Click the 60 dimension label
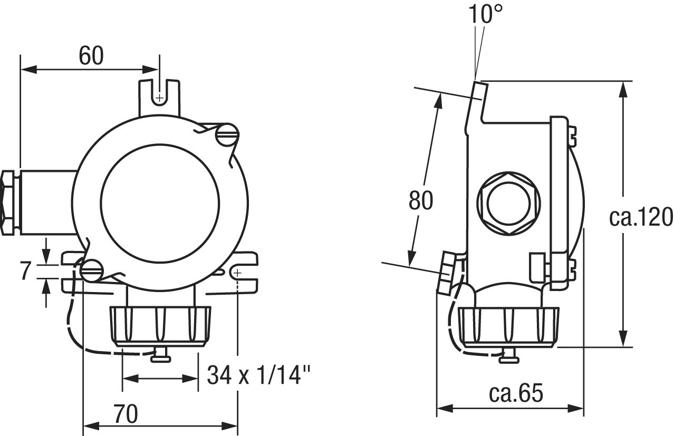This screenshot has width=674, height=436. click(x=91, y=56)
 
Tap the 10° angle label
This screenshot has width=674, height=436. click(x=485, y=14)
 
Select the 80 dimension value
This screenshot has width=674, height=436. click(x=421, y=200)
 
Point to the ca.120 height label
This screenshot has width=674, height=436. click(x=641, y=217)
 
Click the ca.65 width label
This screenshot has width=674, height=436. click(x=516, y=393)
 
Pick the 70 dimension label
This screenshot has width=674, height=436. click(x=126, y=414)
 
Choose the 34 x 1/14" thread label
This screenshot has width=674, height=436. click(x=259, y=375)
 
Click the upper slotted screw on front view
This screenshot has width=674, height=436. click(x=227, y=135)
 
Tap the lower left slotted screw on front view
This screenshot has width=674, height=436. click(x=92, y=270)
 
